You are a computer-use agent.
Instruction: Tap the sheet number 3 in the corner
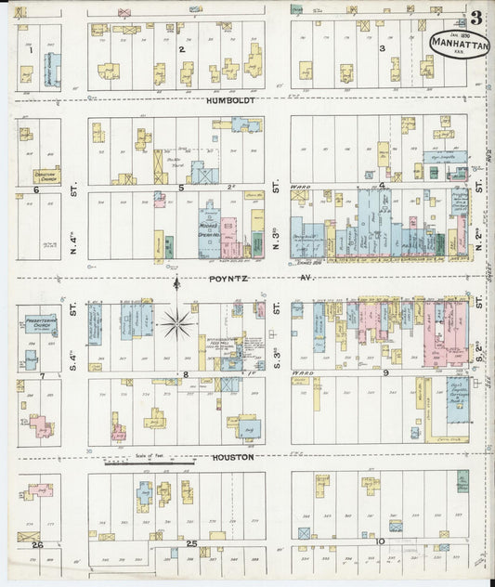pos(475,17)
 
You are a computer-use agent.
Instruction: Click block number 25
pos(191,542)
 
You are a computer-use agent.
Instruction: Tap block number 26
pos(37,544)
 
